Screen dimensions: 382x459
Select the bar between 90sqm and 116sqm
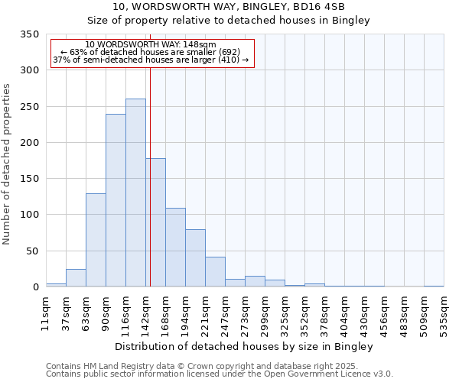coord(116,200)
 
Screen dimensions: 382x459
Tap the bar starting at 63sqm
coord(96,240)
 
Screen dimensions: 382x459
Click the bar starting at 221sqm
coord(215,272)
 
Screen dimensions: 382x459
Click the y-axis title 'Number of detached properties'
coord(8,165)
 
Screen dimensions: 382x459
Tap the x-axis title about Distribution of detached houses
coord(245,347)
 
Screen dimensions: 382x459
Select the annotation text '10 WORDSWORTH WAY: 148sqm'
coord(151,45)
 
